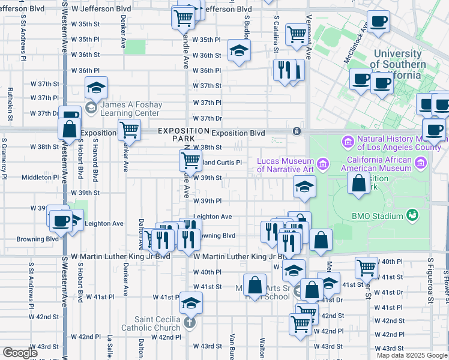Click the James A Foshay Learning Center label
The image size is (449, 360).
[x=130, y=109]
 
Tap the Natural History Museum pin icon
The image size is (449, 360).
[x=348, y=142]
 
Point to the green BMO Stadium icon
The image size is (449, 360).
[x=412, y=214]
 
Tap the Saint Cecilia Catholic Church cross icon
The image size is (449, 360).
[x=189, y=322]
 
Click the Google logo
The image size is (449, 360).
[x=20, y=353]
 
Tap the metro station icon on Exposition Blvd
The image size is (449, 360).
[x=296, y=131]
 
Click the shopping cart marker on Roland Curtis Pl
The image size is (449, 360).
[x=190, y=160]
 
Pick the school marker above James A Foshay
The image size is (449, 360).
[x=96, y=88]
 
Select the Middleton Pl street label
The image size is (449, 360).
[x=37, y=178]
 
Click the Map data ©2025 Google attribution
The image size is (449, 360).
[x=411, y=355]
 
